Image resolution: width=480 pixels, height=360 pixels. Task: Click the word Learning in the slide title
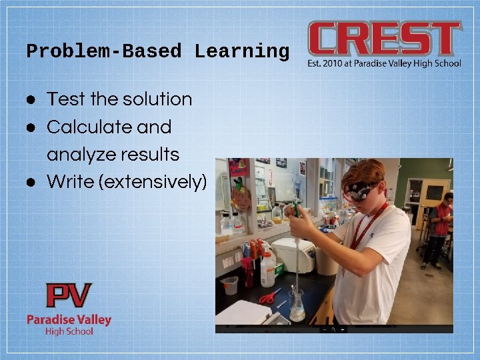pos(241,52)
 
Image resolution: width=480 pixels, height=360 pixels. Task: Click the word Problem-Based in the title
pos(104,52)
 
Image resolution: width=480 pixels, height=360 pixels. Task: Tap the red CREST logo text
pos(384,39)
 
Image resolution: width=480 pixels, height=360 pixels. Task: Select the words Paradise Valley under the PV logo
pos(69,319)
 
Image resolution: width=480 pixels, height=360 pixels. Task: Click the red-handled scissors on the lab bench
pos(269,297)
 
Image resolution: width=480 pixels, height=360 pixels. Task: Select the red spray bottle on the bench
pos(249,266)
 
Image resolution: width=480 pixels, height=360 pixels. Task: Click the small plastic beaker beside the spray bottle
pos(230,285)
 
